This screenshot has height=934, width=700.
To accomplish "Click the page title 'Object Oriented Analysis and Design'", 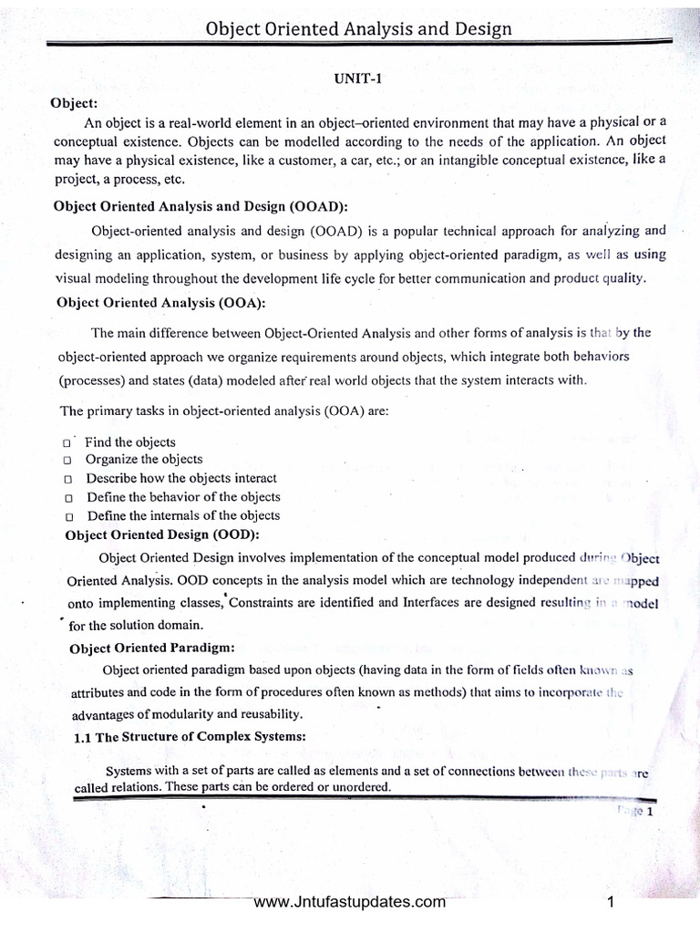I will coord(358,29).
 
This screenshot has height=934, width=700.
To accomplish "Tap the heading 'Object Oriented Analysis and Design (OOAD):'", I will coord(201,206).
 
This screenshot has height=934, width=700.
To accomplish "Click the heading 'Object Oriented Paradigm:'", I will coord(152,648).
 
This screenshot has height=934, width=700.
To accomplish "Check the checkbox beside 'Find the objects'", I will coord(68,442).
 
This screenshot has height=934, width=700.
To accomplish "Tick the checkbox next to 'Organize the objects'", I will coord(68,461).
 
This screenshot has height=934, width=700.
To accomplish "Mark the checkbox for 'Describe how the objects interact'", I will coord(68,479).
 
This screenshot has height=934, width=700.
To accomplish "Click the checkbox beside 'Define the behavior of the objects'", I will coord(68,498).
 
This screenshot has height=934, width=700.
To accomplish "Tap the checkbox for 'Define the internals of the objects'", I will coord(68,516).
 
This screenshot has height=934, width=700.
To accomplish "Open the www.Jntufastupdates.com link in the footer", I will coord(350,903).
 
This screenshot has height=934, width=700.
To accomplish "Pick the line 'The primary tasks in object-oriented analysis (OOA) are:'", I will coord(224,410).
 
